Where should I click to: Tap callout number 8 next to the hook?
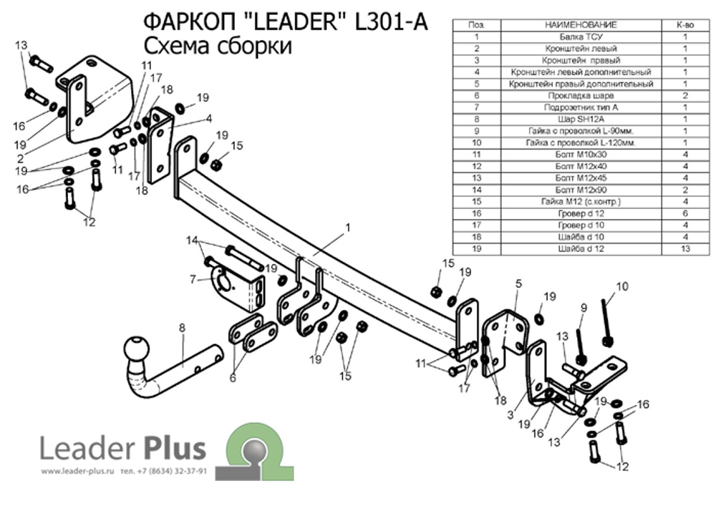(x=182, y=329)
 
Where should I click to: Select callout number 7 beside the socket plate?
(x=193, y=278)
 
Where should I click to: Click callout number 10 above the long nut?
(x=621, y=286)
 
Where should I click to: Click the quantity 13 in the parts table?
(x=685, y=248)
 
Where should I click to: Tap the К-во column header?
(x=685, y=24)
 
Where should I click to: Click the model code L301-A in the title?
(x=391, y=22)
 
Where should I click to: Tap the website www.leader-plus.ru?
(x=78, y=472)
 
